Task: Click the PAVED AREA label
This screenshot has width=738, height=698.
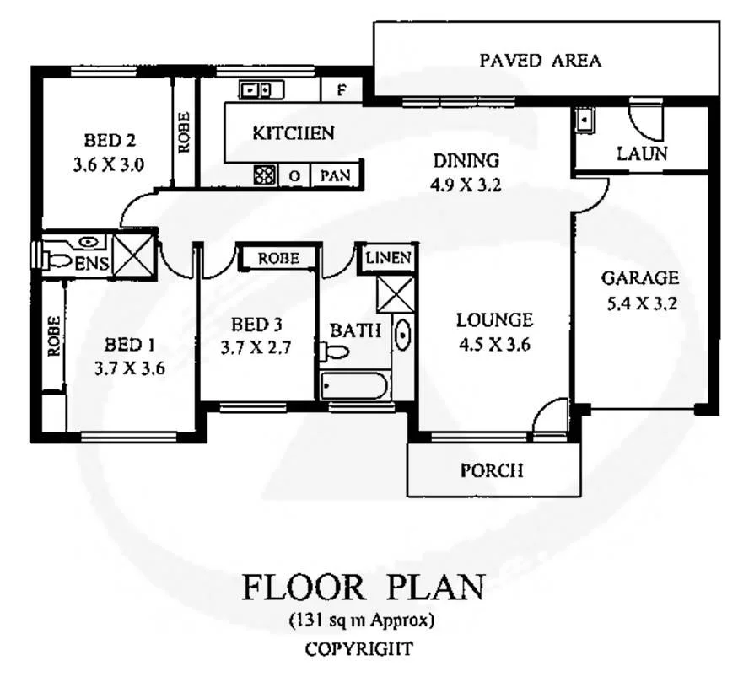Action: (540, 61)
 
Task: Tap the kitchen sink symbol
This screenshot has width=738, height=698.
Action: (256, 89)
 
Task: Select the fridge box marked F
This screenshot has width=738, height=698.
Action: (341, 89)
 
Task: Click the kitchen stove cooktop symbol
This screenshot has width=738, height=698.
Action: (265, 175)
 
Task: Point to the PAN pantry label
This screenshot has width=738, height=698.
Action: (337, 176)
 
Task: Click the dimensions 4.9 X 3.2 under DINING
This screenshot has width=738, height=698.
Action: (466, 185)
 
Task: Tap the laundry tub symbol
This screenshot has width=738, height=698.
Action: (584, 121)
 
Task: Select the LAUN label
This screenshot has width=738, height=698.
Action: (642, 154)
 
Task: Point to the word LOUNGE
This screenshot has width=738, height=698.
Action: (494, 320)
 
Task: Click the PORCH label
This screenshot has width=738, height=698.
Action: (492, 470)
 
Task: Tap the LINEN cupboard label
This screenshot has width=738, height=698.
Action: (389, 258)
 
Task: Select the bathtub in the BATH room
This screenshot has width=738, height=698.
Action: (354, 388)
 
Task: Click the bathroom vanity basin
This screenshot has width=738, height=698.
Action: (402, 337)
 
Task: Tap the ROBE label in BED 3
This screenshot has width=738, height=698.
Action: (278, 259)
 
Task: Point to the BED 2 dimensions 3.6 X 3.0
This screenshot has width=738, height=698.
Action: (110, 164)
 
